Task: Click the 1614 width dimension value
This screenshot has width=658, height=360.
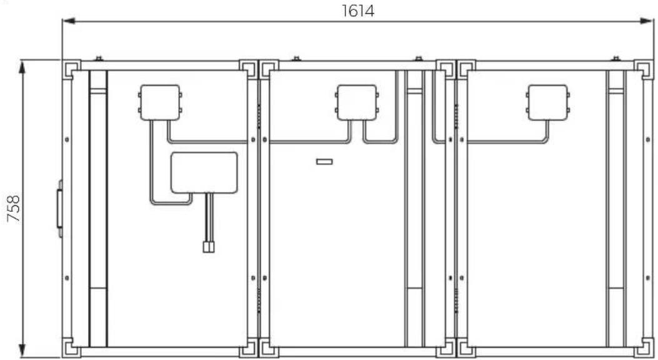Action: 357,11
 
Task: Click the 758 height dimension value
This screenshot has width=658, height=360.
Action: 13,208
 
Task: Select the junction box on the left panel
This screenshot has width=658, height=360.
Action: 160,102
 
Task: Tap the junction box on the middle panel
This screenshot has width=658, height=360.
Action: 357,102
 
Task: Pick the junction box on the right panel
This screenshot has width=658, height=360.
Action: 547,102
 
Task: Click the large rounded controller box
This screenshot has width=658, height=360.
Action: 204,173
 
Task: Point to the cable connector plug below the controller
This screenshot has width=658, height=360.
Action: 209,247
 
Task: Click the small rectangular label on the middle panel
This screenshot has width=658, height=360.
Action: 324,161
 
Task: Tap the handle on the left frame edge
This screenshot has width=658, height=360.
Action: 59,209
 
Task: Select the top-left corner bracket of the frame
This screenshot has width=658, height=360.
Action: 71,69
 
